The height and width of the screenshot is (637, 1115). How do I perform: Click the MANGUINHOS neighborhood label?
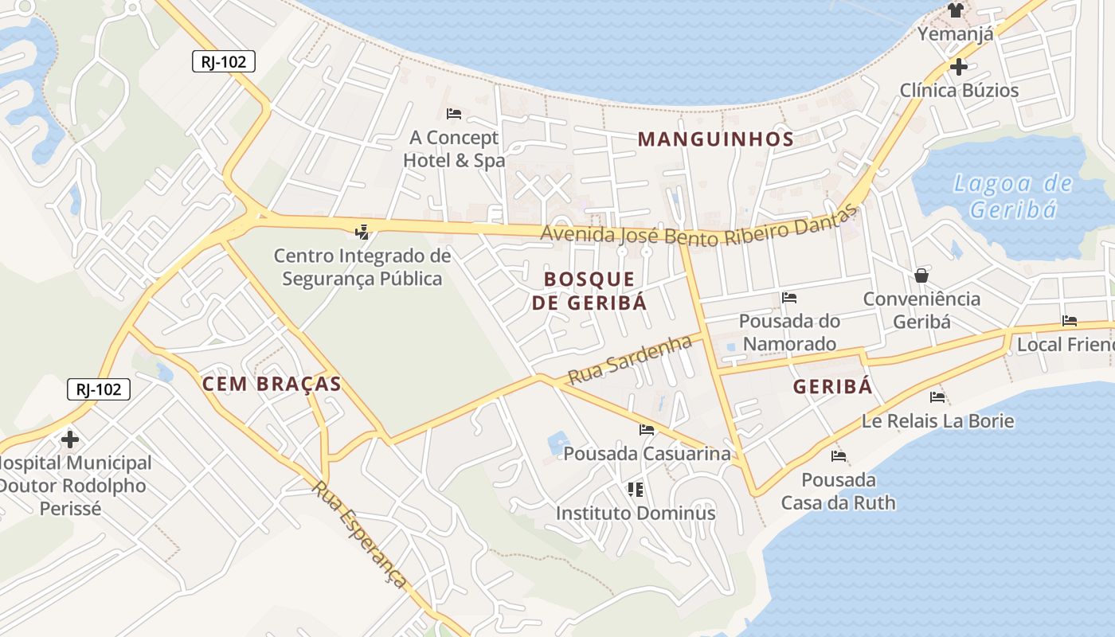(715, 139)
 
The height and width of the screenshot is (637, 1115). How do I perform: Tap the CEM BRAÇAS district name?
(272, 384)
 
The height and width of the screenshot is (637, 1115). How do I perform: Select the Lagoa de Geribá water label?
(1014, 197)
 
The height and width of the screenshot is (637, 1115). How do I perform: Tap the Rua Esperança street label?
(361, 534)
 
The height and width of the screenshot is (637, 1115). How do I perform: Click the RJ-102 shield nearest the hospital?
(99, 389)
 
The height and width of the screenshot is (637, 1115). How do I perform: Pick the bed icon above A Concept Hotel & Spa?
(454, 114)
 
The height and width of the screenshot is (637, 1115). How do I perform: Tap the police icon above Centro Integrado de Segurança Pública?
(362, 232)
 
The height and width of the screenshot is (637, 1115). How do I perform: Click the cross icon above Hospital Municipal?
(70, 439)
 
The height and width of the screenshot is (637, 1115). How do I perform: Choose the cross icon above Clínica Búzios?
(958, 66)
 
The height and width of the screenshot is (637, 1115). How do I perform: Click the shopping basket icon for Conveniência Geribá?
(921, 276)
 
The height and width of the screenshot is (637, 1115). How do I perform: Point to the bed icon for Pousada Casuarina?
(647, 430)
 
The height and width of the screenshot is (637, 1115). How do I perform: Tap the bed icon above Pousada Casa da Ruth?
(838, 456)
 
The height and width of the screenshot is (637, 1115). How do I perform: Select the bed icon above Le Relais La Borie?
(937, 397)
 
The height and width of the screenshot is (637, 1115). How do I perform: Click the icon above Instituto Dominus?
(636, 489)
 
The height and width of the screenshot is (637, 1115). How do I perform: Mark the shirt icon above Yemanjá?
(955, 10)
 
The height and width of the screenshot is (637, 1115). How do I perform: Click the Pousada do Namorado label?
(788, 333)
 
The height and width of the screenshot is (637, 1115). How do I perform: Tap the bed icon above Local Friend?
(1070, 321)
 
